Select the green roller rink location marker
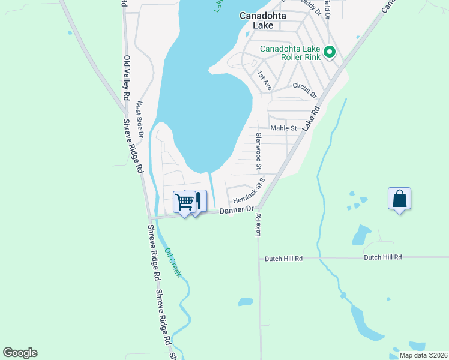coord(329,53)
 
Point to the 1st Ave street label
coord(264,80)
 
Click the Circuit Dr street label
coord(304,89)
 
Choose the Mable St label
coord(283,128)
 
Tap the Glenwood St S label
coord(260,152)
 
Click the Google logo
coord(20,353)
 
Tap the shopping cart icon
coord(184,202)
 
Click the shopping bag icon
coord(399,199)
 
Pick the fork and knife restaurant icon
coord(198,200)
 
